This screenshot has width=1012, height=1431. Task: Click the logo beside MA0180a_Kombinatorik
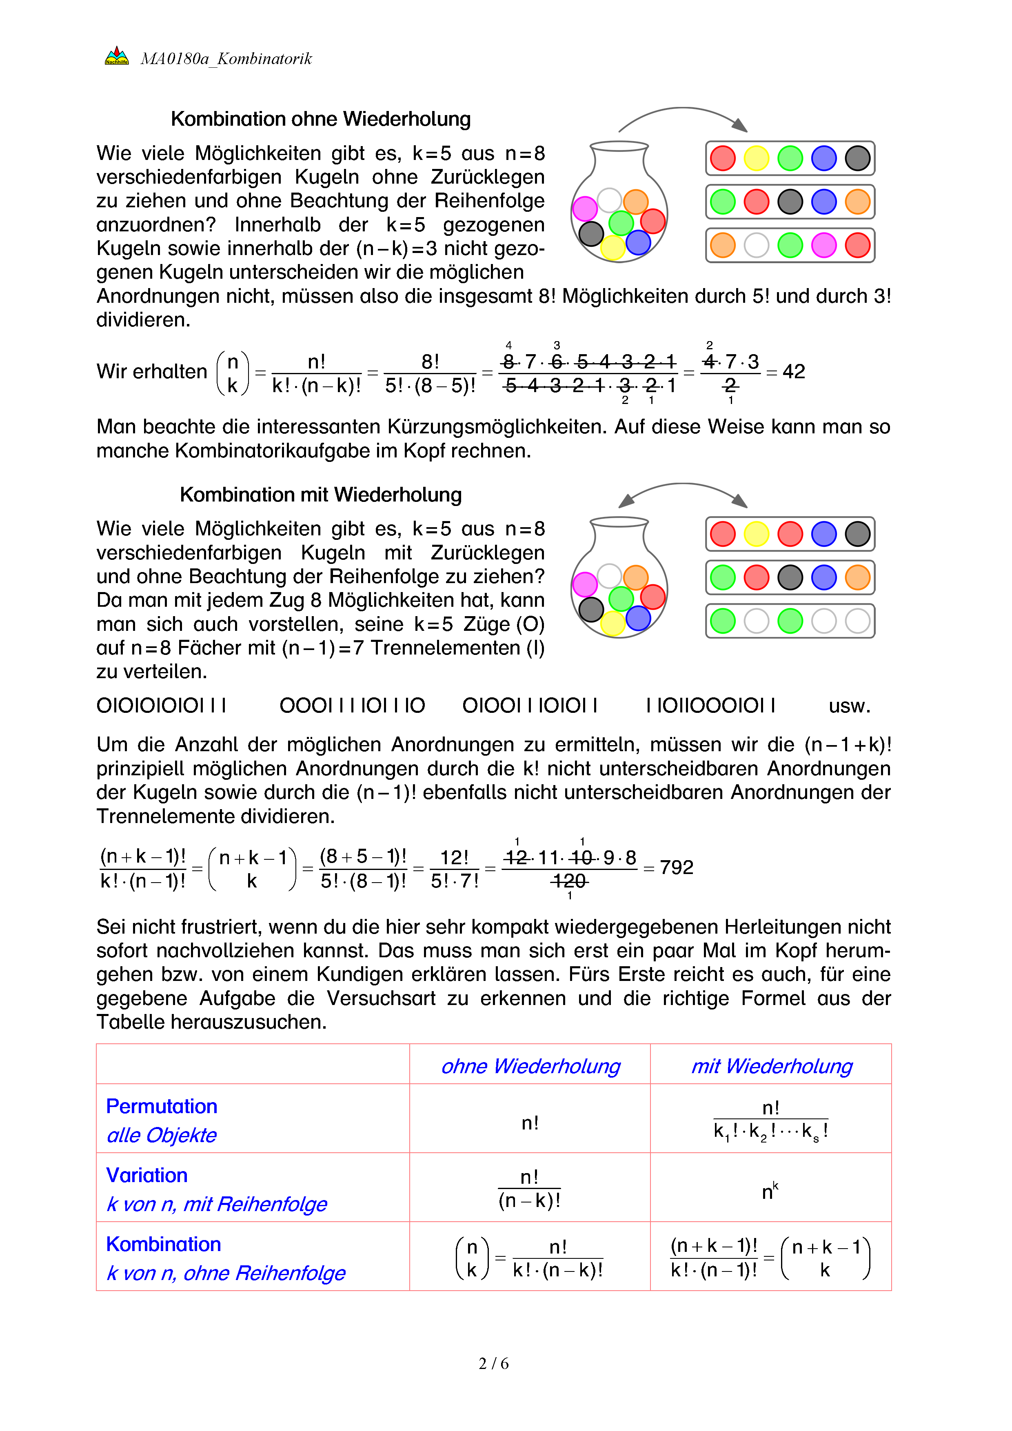coord(117,56)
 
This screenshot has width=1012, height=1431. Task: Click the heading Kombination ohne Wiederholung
coord(320,119)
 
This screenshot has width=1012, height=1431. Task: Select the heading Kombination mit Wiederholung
coord(320,495)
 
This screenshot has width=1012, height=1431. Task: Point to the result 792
coord(676,867)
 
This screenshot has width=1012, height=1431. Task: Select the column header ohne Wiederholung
coord(530,1066)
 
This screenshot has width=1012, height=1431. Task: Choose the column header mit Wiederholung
coord(772,1066)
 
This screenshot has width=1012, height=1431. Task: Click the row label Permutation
coord(162,1106)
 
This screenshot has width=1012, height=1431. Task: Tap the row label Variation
coord(146,1176)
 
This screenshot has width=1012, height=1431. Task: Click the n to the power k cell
coord(770,1191)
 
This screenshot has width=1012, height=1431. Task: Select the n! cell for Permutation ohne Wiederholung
coord(530,1123)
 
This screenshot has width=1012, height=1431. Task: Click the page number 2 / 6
coord(493,1364)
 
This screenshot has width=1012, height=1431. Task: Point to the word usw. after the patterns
coord(849,706)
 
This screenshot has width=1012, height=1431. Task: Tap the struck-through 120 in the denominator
coord(569,881)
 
